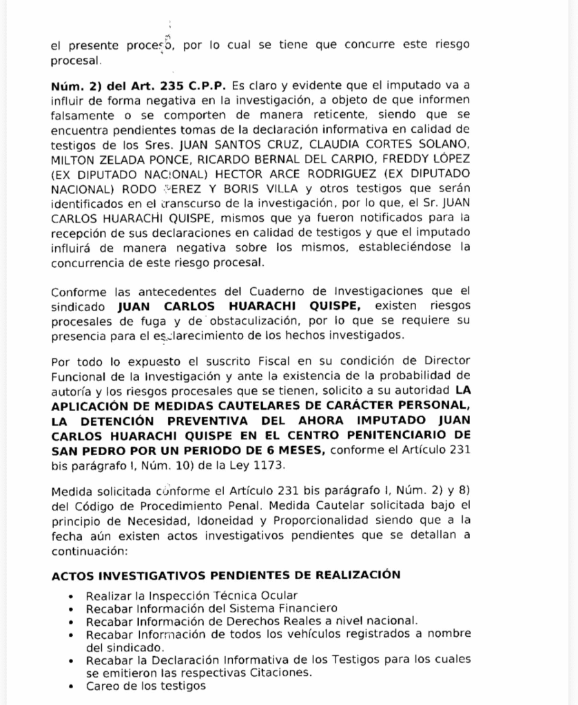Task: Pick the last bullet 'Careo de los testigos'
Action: coord(145,686)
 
